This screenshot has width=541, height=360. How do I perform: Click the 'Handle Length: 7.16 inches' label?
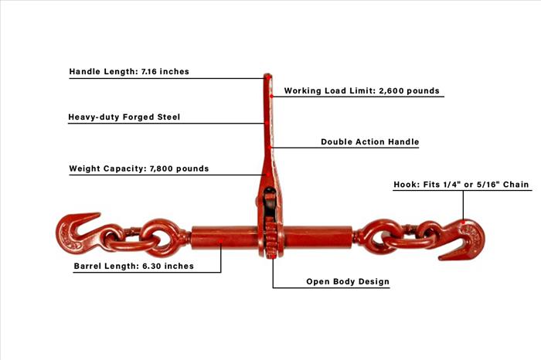[129, 71]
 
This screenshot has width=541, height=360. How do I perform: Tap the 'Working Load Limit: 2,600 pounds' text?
[362, 90]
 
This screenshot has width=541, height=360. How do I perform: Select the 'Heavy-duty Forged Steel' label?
[124, 117]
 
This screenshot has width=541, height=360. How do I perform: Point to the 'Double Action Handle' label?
[370, 141]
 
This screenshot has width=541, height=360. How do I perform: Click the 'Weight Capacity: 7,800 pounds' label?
[139, 168]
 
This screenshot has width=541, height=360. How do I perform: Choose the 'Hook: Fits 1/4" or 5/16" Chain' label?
[461, 185]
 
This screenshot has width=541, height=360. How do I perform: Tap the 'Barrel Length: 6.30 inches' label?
[134, 267]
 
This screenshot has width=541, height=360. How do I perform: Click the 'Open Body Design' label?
[348, 281]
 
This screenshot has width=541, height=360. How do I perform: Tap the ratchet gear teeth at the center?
[270, 238]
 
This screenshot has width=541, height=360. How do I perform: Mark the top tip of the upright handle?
[267, 74]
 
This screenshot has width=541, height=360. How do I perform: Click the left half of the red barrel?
[224, 238]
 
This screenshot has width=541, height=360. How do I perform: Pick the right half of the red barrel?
[318, 238]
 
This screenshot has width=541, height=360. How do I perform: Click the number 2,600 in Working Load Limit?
[390, 90]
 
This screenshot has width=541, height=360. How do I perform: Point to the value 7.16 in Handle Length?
[149, 71]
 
